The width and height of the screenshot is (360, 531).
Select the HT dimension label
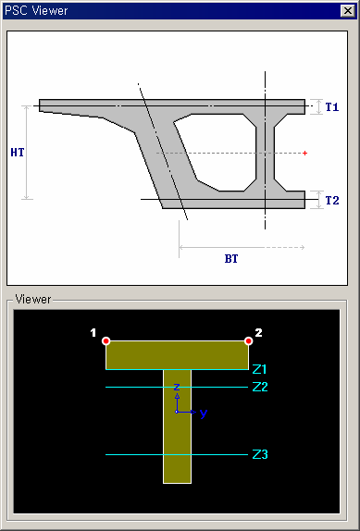tap(17, 153)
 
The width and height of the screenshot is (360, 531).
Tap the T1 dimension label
tap(332, 107)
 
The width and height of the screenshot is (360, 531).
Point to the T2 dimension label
tap(332, 200)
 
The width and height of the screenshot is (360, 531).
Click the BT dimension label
tap(231, 259)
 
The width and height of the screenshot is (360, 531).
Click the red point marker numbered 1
tap(106, 341)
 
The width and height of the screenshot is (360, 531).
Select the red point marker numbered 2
tap(249, 341)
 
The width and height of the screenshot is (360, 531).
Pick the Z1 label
tap(260, 369)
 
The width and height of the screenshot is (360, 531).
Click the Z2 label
tap(260, 387)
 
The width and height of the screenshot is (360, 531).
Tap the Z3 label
tap(260, 454)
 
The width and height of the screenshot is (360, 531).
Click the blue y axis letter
tap(204, 414)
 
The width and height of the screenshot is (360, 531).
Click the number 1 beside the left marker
tap(93, 332)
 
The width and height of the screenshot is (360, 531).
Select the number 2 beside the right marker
tap(259, 332)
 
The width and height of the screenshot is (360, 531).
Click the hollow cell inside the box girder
tap(217, 150)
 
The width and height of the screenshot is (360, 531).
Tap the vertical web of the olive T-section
tap(177, 435)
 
